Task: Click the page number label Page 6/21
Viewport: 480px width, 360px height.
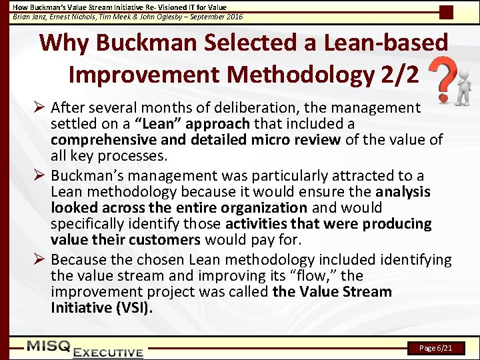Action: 437,348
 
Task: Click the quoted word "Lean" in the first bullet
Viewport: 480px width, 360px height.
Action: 159,123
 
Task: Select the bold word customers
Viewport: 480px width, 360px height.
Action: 167,239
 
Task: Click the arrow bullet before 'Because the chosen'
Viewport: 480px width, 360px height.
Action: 40,259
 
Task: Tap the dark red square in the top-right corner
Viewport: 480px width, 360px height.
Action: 447,12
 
